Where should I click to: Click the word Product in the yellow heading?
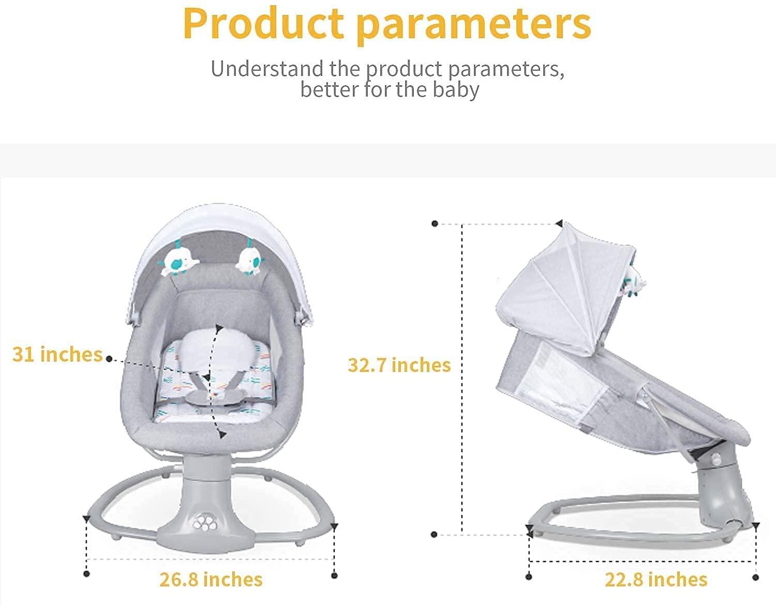(x=263, y=24)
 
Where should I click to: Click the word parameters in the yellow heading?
(x=473, y=26)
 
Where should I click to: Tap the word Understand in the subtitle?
(x=267, y=68)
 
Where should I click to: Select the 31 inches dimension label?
(x=57, y=354)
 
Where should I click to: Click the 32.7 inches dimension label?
(x=399, y=365)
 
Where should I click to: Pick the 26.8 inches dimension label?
(x=211, y=579)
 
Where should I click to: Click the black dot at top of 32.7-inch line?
(x=435, y=224)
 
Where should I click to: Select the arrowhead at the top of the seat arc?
(x=218, y=328)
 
